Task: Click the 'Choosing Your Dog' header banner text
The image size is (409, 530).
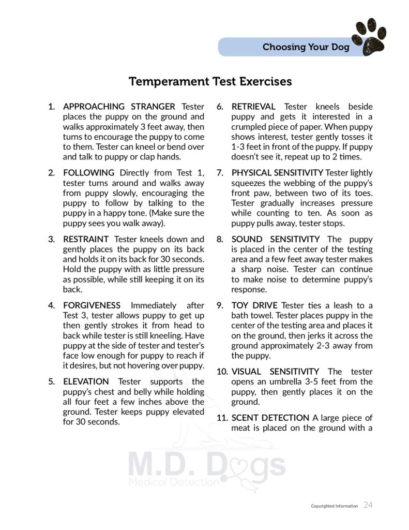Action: pos(306,48)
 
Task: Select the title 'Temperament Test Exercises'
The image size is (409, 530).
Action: pos(210,82)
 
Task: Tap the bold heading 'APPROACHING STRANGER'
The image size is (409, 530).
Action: pos(119,107)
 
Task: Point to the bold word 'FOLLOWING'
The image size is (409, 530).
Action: pos(89,173)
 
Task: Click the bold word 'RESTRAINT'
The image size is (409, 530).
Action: pos(86,239)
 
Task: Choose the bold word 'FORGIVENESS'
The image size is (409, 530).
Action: pos(92,305)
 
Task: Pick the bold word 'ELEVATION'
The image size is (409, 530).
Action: pos(86,381)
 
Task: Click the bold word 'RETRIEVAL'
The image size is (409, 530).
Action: pos(253,107)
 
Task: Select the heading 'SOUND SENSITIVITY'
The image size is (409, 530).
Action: pos(276,239)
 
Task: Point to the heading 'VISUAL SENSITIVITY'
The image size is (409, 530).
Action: pos(275,372)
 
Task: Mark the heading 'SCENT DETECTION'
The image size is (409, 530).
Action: pos(270,418)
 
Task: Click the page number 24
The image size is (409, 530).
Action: pos(368,505)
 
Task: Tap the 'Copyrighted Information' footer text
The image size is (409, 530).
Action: pos(334,506)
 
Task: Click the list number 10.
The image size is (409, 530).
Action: pos(222,372)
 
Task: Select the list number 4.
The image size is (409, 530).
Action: pos(51,305)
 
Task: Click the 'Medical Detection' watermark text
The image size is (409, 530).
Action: pos(174,482)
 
